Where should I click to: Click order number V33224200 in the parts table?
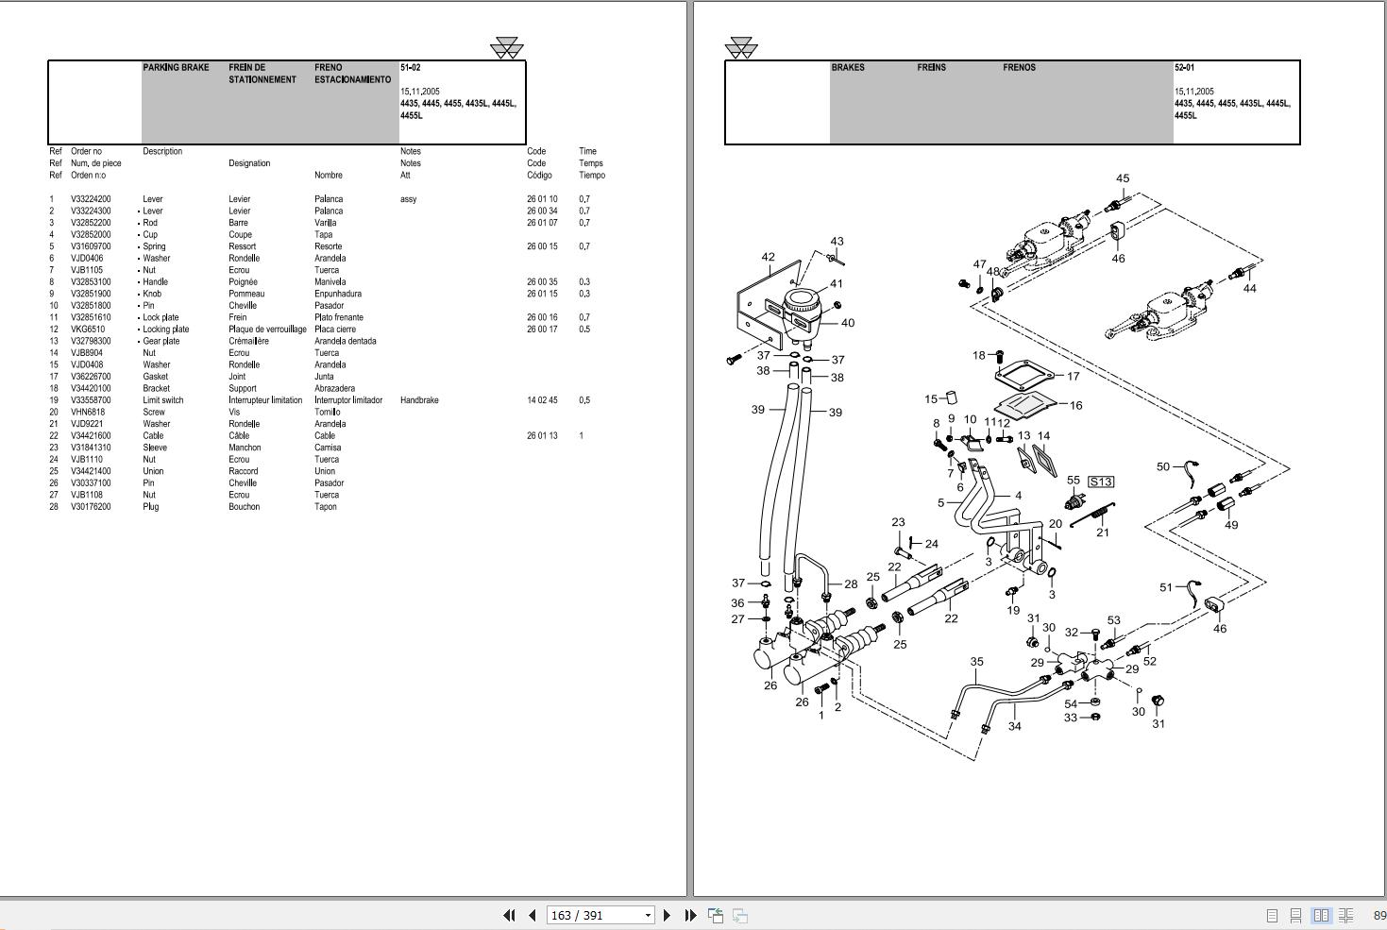coord(91,199)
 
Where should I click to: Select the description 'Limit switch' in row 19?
coord(163,400)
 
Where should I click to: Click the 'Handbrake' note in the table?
coord(419,400)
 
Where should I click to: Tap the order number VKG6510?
coord(88,330)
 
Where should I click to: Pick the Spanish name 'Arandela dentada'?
coord(345,341)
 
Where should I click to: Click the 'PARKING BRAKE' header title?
coord(176,68)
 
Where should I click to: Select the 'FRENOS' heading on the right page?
coord(1019,68)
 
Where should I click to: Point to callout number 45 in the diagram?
coord(1122,178)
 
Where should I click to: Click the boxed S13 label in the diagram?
coord(1101,482)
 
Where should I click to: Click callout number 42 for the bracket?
coord(768,257)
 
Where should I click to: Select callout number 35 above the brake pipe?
coord(976,662)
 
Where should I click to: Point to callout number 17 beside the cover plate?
coord(1073,376)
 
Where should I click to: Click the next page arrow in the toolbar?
coord(668,915)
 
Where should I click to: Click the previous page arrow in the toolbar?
coord(532,915)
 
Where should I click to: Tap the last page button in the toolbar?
coord(690,915)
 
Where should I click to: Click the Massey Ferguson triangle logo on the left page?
coord(507,48)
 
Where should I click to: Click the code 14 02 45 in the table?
coord(542,400)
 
